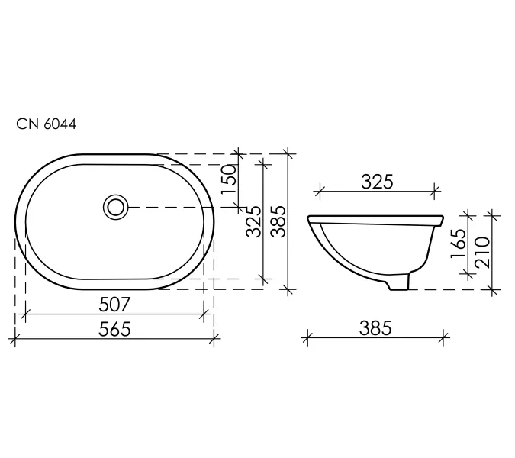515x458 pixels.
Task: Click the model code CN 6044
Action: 47,124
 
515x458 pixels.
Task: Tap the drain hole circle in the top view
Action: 116,206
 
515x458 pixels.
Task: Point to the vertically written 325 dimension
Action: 254,221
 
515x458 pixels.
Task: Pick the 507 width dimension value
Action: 115,304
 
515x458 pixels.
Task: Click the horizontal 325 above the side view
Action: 376,182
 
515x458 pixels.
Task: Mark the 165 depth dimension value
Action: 458,245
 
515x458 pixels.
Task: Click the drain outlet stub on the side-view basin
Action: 398,283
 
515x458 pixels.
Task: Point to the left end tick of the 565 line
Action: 16,337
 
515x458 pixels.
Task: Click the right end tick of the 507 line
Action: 204,313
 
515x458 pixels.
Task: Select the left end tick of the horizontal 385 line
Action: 307,337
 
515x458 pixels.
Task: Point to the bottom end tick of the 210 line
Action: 492,290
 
